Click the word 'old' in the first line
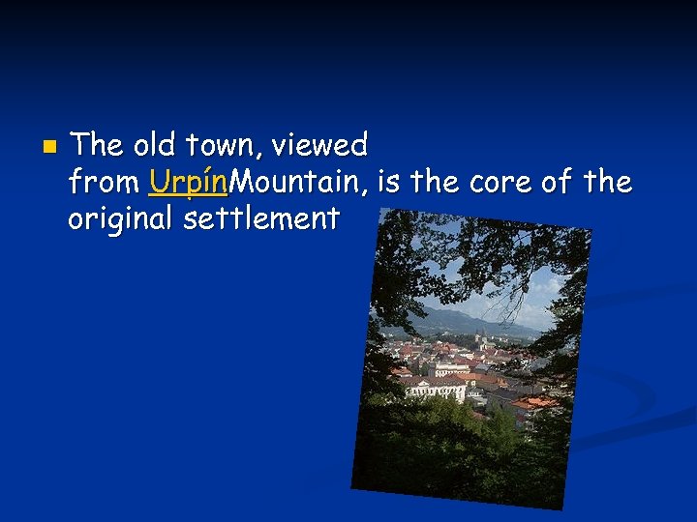point(151,146)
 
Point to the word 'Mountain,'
point(301,182)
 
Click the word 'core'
point(501,182)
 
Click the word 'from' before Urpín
point(104,182)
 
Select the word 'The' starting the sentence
point(97,146)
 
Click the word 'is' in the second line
point(391,182)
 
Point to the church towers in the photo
point(480,340)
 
